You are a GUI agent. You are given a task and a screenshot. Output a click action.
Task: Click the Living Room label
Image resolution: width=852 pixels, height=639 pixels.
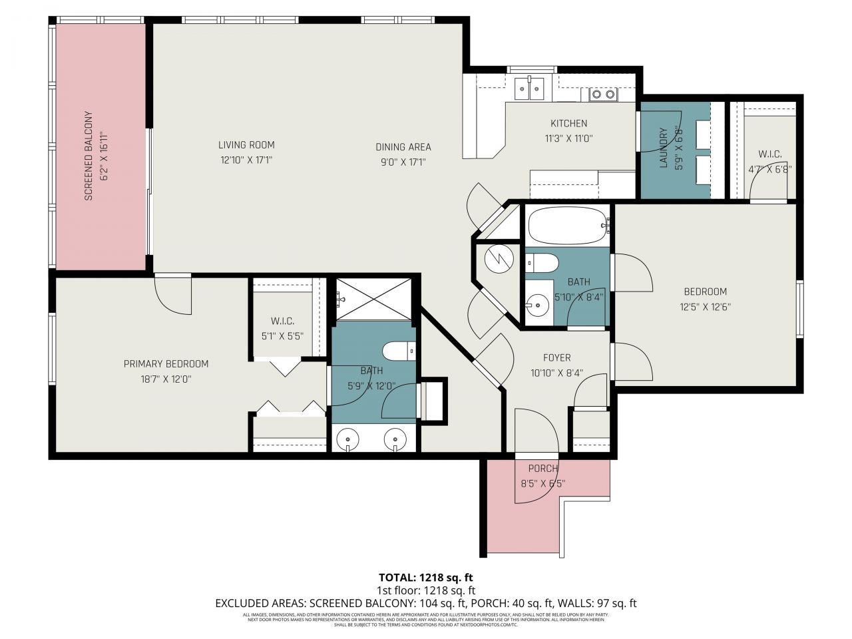click(246, 145)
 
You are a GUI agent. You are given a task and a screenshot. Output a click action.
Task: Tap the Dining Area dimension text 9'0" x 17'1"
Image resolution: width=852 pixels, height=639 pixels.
click(403, 161)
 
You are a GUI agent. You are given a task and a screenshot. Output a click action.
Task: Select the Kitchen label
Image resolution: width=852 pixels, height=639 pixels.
click(568, 123)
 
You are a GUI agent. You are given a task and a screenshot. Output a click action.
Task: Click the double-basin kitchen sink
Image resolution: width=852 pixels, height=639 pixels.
click(530, 89)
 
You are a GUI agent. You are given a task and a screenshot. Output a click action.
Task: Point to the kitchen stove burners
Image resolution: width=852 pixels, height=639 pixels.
click(603, 95)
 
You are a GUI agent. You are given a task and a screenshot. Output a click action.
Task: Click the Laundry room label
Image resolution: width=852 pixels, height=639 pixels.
click(663, 148)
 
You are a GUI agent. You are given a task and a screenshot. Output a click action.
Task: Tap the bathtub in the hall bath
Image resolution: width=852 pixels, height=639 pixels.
click(568, 225)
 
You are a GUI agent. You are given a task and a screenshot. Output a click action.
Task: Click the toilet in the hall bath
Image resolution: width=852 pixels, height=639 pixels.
click(540, 264)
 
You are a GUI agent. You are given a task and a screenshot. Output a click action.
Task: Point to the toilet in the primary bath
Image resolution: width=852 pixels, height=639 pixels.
click(399, 351)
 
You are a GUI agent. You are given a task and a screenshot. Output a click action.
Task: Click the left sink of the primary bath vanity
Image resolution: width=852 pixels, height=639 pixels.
click(348, 440)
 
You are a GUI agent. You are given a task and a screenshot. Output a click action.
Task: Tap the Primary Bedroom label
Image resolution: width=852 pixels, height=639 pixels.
click(166, 363)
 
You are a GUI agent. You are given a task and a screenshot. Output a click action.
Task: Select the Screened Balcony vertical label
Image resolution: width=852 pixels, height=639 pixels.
click(87, 156)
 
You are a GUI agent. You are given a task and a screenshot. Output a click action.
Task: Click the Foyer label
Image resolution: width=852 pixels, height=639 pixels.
click(556, 357)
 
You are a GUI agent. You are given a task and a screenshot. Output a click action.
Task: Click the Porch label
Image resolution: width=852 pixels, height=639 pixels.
click(542, 469)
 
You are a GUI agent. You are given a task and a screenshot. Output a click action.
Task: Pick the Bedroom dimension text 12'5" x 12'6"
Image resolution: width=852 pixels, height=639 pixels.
click(705, 308)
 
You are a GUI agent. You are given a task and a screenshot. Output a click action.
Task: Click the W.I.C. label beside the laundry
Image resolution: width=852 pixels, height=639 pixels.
click(769, 154)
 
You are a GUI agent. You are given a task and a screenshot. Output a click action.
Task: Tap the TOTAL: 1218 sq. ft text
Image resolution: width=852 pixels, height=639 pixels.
click(425, 577)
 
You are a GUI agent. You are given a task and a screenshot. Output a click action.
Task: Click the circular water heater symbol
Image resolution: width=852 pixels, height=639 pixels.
click(499, 260)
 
